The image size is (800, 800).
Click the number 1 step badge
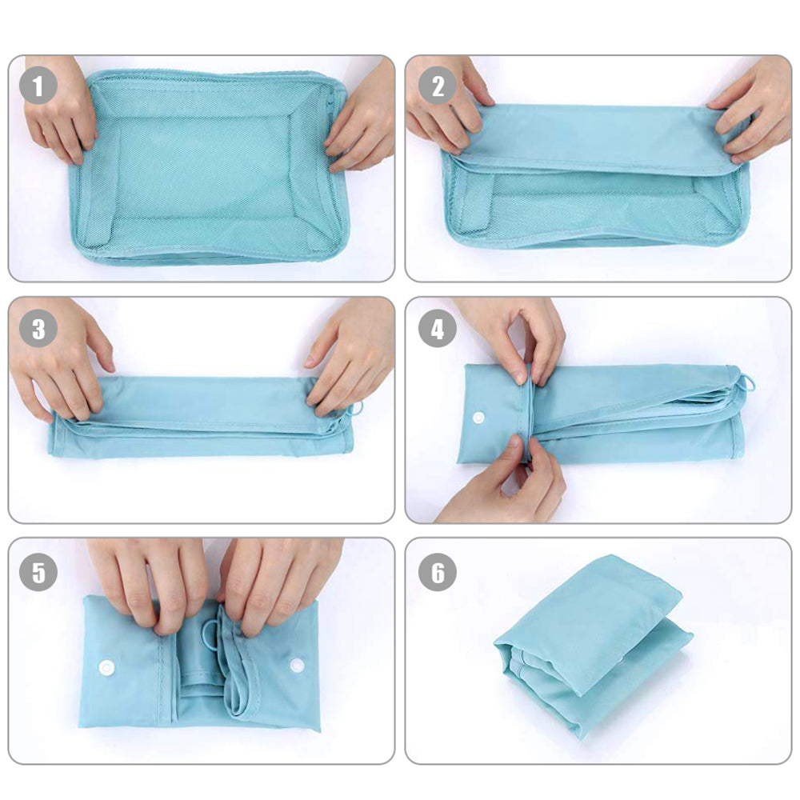(38, 86)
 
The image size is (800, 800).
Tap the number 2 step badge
(438, 86)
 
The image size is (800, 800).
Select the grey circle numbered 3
(38, 329)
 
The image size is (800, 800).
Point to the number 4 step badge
(438, 329)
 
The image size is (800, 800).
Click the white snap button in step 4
(479, 418)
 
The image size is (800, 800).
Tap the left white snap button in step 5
(104, 666)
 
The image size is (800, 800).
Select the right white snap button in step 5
(297, 663)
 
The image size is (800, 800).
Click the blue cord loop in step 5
(210, 636)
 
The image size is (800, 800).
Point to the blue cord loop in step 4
(748, 380)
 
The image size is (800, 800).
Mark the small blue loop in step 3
(354, 410)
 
